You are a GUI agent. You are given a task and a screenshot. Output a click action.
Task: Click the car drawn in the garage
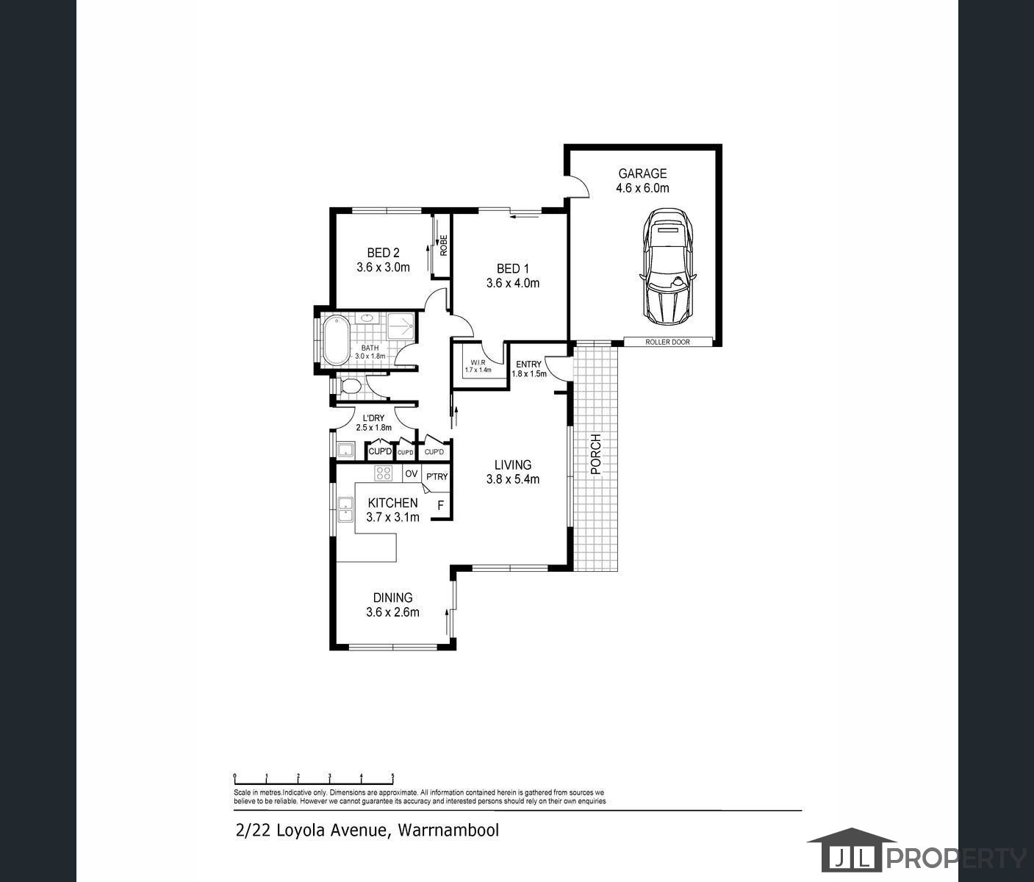(667, 266)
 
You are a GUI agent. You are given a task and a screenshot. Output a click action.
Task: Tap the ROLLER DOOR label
(667, 343)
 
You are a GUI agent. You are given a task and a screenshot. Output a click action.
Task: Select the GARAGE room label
(642, 173)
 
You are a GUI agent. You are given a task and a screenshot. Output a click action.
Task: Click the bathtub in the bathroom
(336, 340)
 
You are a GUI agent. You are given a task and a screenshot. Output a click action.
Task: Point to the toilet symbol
(350, 386)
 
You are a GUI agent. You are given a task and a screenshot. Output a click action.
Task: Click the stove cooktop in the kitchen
(384, 473)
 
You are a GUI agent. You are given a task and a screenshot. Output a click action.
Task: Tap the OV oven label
(412, 473)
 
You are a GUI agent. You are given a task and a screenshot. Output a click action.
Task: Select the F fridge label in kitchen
(441, 505)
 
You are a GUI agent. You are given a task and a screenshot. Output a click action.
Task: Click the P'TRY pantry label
(437, 477)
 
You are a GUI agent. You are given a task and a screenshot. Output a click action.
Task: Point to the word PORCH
(595, 454)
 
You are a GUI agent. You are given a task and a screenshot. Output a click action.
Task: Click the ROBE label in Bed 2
(443, 245)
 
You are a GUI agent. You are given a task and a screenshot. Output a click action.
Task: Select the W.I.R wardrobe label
(478, 362)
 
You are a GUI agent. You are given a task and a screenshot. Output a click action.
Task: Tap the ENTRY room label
(528, 365)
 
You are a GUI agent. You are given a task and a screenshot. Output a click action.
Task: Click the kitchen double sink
(345, 509)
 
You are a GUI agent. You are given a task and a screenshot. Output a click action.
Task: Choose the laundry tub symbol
(345, 451)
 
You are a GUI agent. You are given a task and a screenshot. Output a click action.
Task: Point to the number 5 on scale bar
(392, 776)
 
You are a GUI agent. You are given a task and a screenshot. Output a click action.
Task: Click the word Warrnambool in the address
(448, 831)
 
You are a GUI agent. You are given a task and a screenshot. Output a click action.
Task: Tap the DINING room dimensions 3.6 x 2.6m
(392, 612)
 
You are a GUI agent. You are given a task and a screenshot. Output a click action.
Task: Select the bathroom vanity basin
(367, 318)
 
